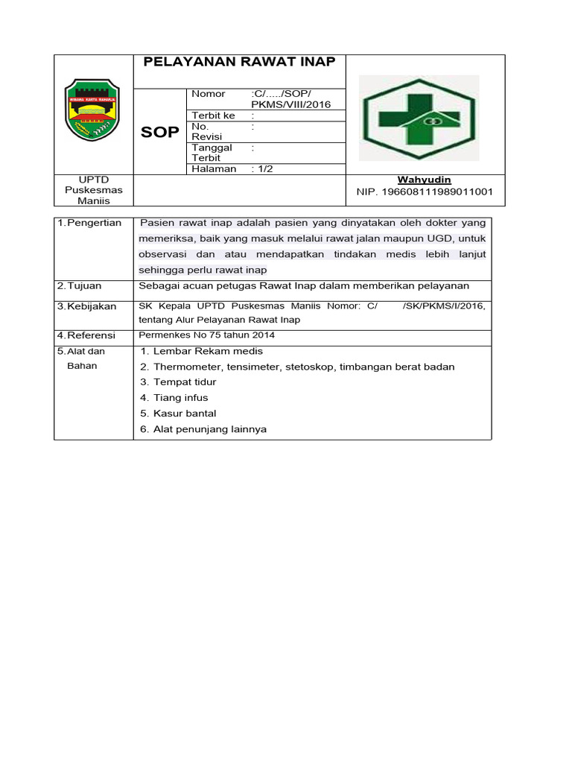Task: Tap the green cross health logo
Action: coord(419,118)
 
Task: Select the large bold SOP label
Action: coord(159,133)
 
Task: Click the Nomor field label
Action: coord(208,94)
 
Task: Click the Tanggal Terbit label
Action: coord(212,153)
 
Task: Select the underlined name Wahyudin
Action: coord(424,180)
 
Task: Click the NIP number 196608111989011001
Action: coord(425,192)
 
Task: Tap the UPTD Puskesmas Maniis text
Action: coord(94,191)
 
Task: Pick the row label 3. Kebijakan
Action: coord(87,306)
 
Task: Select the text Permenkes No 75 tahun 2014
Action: coord(207,335)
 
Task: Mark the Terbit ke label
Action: coord(213,115)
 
